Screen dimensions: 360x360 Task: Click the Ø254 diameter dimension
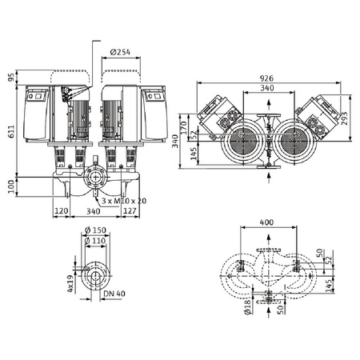tap(122, 52)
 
